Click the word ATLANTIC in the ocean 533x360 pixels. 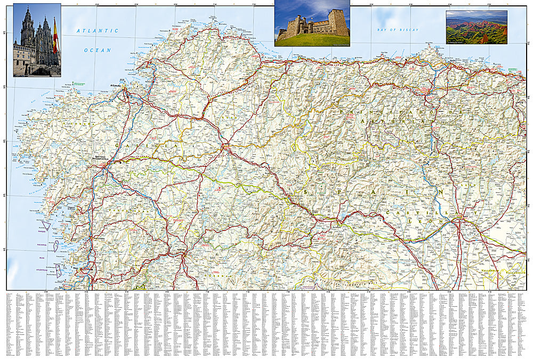[97, 31]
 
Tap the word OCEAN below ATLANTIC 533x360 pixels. [97, 50]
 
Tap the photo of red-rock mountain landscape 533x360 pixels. [476, 27]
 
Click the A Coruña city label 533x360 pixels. [116, 86]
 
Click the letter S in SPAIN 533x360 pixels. [306, 192]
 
